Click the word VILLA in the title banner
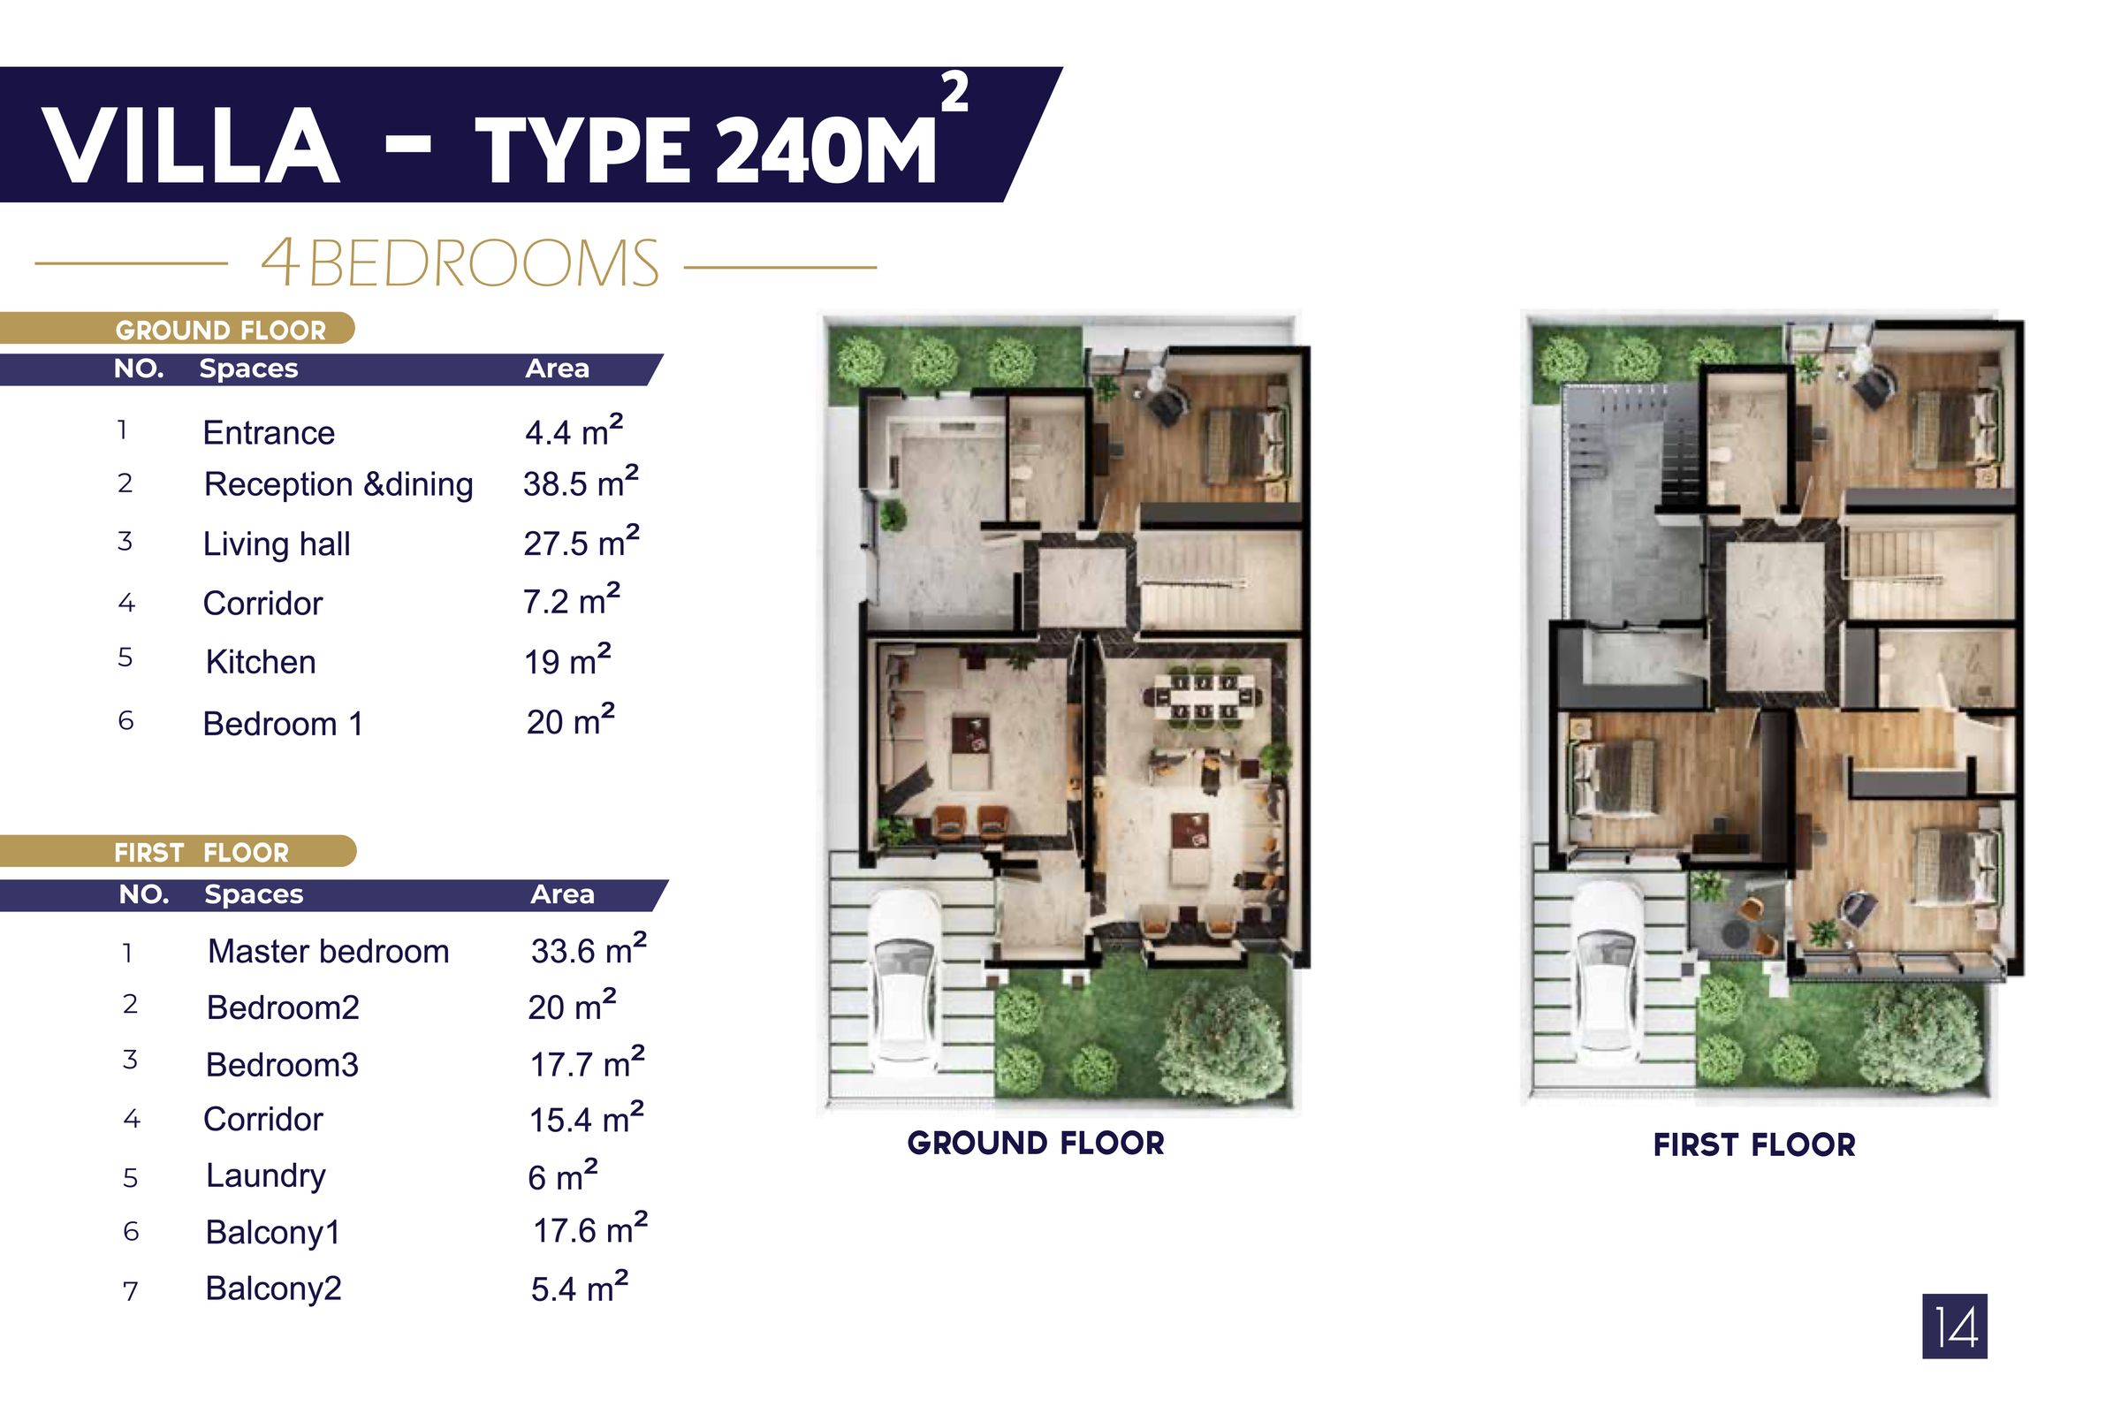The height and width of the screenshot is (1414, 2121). point(191,146)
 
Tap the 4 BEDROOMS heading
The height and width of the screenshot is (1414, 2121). point(460,264)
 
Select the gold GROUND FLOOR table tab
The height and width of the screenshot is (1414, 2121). point(220,330)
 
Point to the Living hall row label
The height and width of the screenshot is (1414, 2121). point(276,544)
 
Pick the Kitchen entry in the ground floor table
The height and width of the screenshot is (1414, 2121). point(261,662)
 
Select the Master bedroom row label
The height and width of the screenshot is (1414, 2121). point(328,952)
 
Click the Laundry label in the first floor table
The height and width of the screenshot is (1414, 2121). point(265,1175)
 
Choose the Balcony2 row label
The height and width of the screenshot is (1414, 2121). point(273,1288)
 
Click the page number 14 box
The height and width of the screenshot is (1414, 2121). point(1954,1327)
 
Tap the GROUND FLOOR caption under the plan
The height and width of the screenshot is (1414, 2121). point(1035,1143)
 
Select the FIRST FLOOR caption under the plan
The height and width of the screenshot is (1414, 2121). point(1754,1144)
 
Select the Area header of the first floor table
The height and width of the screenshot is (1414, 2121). point(562,893)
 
